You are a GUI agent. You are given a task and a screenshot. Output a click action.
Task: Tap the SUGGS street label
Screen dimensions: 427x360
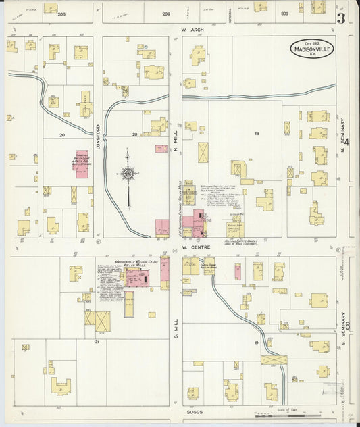pyautogui.click(x=195, y=410)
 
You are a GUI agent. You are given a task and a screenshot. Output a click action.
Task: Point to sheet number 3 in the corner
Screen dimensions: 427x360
pyautogui.click(x=341, y=18)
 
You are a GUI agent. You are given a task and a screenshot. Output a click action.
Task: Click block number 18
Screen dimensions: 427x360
pyautogui.click(x=257, y=134)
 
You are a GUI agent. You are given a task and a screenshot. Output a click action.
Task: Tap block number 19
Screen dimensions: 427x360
pyautogui.click(x=257, y=343)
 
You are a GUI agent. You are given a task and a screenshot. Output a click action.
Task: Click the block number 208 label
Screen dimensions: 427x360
pyautogui.click(x=61, y=14)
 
